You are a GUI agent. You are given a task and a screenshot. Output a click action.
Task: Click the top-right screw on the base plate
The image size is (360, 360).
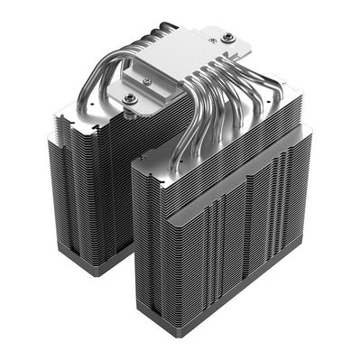[x=228, y=37]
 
